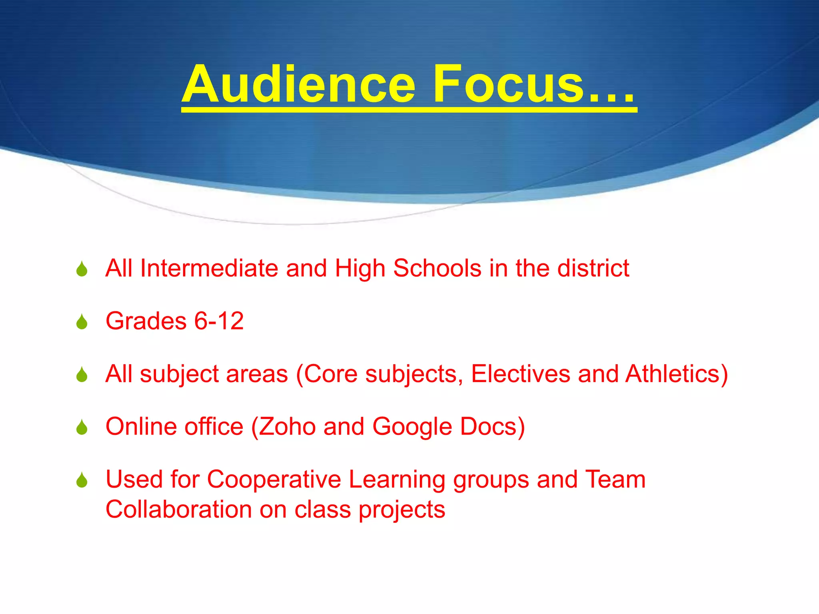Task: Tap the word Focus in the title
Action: pos(508,85)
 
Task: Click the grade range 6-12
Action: pos(219,321)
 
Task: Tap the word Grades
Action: pos(146,321)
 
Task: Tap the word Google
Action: pos(412,427)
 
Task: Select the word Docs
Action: pos(488,427)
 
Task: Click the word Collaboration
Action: pos(178,510)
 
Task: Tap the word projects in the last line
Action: pos(402,510)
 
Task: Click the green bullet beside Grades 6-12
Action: pos(82,322)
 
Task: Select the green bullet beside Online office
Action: pos(82,428)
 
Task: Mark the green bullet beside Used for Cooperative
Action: pos(82,480)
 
